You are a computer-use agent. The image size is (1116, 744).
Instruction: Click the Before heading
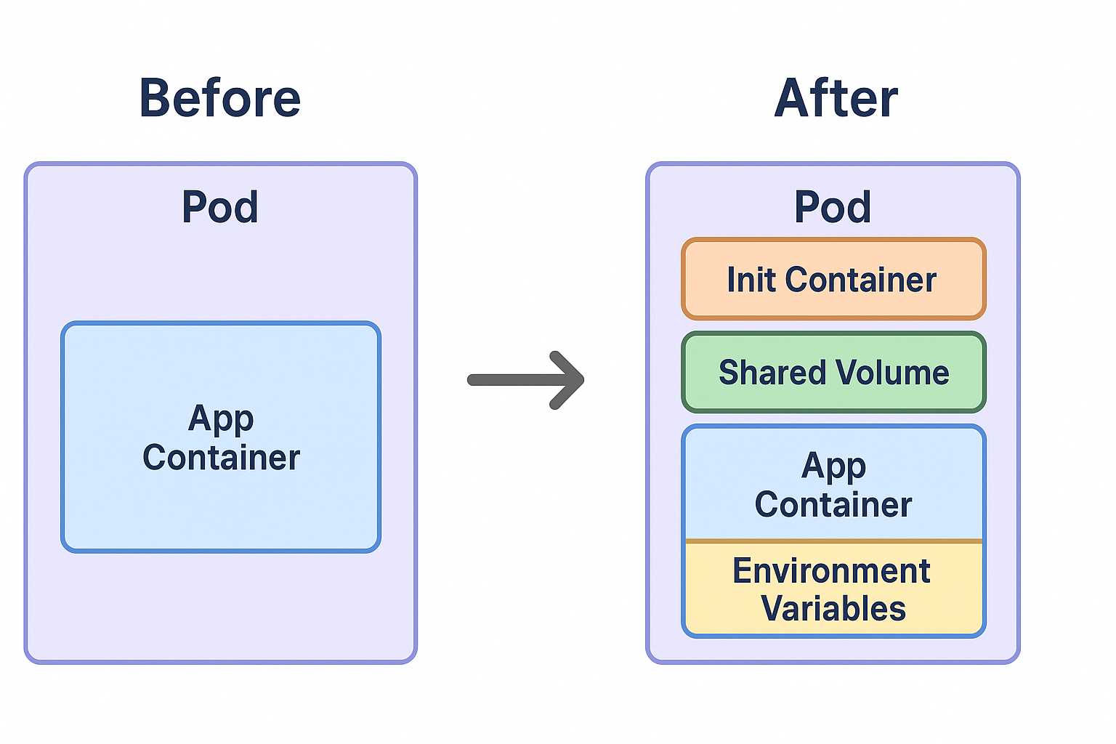click(219, 98)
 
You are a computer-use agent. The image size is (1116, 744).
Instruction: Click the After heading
click(836, 98)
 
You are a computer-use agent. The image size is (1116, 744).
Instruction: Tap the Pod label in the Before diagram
click(219, 207)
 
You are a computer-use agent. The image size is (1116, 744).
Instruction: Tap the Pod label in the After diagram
click(833, 207)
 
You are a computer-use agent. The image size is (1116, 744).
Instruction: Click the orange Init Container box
click(833, 280)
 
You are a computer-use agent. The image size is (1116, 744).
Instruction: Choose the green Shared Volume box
click(833, 373)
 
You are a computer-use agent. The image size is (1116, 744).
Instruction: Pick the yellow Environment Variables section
click(833, 589)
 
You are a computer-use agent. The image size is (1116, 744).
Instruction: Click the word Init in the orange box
click(751, 280)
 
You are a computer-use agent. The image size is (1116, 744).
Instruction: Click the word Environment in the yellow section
click(831, 571)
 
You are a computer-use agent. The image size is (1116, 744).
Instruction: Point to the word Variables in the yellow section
click(833, 609)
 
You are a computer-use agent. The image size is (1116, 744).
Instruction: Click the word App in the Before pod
click(221, 419)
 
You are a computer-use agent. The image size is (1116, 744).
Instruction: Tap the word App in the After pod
click(833, 466)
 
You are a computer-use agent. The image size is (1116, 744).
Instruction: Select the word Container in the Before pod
click(221, 458)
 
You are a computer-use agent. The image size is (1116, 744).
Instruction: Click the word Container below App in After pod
click(833, 505)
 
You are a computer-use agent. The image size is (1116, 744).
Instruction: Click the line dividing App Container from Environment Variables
click(833, 541)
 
